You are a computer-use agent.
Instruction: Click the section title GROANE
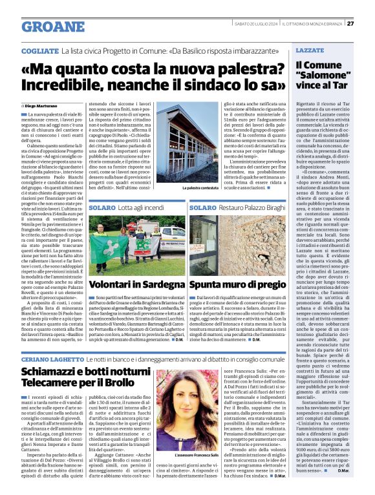point(53,26)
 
